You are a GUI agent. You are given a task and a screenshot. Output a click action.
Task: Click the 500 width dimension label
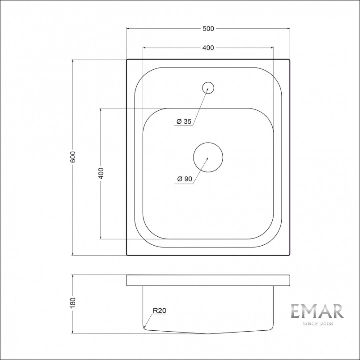point(208,29)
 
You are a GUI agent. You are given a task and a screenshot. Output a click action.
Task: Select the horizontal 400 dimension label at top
point(208,48)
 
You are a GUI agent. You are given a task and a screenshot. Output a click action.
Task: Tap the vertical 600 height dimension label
point(73,157)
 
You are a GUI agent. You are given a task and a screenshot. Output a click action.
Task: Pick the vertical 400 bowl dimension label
point(101,173)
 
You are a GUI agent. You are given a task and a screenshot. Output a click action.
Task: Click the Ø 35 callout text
point(184,121)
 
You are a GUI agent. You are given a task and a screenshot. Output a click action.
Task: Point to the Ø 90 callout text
point(185,179)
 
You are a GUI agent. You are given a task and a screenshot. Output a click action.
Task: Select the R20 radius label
point(159,310)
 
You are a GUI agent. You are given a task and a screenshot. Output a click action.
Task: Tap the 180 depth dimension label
point(73,303)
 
